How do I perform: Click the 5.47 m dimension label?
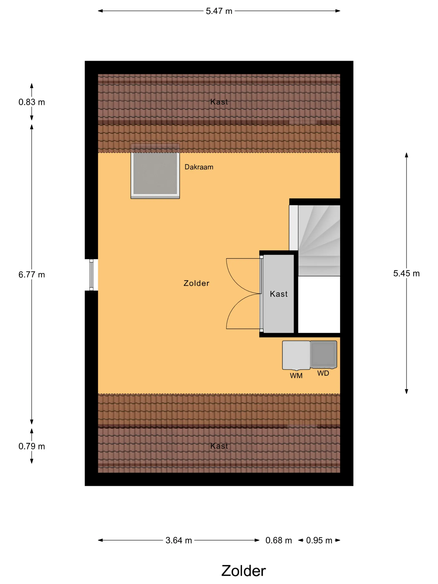[x=219, y=11]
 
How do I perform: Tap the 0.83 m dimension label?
[x=32, y=102]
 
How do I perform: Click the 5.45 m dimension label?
[x=406, y=273]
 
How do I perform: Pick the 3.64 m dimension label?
[x=179, y=540]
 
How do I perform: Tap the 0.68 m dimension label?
[x=278, y=540]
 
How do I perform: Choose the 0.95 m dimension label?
[x=319, y=540]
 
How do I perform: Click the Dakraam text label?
[x=199, y=167]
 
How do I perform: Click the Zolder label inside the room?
[x=196, y=283]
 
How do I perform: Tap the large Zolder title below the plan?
[x=243, y=571]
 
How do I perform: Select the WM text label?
[x=296, y=376]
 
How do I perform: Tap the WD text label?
[x=323, y=373]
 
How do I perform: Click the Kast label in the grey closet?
[x=278, y=294]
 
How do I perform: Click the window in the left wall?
[x=91, y=275]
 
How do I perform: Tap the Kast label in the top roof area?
[x=219, y=102]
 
